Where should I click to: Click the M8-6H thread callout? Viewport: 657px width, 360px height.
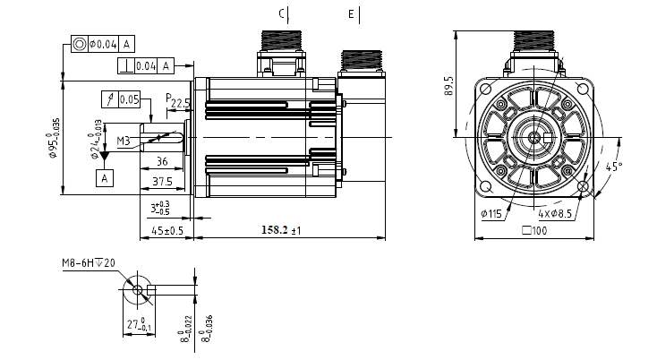[88, 263]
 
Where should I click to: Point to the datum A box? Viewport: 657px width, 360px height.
[105, 178]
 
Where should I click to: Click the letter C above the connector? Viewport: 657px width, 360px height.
[281, 13]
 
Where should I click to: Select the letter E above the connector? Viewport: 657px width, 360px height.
[351, 13]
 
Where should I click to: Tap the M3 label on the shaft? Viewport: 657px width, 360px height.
[124, 141]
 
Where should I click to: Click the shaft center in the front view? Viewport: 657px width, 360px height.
[534, 136]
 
